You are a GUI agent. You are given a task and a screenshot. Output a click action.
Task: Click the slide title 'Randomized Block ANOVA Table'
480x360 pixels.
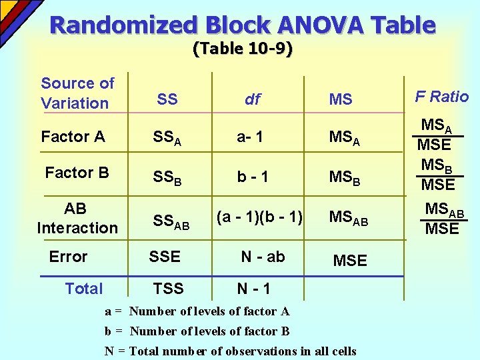(x=243, y=25)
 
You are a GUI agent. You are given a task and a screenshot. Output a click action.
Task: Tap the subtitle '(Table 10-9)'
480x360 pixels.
(x=243, y=49)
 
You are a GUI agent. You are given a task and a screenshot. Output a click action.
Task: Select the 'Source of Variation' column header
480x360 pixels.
(x=77, y=93)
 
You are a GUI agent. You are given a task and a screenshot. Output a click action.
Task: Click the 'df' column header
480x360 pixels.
(x=253, y=100)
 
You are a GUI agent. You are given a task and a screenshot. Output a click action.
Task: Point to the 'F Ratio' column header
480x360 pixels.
(x=442, y=97)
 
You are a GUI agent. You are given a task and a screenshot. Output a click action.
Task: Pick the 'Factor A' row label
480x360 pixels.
(x=73, y=137)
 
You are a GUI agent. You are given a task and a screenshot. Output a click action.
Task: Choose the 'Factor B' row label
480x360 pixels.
(x=77, y=173)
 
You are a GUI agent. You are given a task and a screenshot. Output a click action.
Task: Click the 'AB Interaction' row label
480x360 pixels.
(x=77, y=218)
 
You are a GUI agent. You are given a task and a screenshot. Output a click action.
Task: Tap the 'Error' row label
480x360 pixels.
(x=68, y=257)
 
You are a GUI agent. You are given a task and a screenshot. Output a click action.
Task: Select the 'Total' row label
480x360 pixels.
(x=84, y=289)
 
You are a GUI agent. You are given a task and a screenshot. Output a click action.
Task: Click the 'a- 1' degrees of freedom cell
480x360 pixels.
(x=250, y=137)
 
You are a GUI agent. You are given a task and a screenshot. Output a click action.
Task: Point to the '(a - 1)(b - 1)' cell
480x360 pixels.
(x=259, y=217)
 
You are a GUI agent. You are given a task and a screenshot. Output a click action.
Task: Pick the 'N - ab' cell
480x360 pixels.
(x=263, y=257)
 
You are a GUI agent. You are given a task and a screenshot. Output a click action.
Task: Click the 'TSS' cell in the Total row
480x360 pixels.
(x=168, y=289)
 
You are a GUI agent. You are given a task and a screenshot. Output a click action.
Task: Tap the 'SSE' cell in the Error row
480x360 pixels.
(x=165, y=257)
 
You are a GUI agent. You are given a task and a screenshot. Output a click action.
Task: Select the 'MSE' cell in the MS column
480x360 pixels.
(x=349, y=261)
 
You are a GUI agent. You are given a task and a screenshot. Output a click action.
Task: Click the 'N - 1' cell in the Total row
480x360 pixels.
(x=253, y=289)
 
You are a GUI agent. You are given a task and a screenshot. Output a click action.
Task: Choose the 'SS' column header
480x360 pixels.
(x=167, y=99)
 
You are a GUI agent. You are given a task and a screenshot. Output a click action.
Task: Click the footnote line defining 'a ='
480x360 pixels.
(x=197, y=311)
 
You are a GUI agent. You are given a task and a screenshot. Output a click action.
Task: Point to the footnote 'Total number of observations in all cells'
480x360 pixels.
(x=243, y=351)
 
